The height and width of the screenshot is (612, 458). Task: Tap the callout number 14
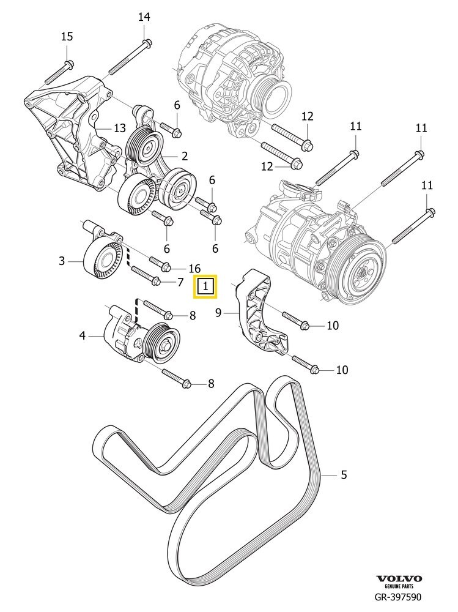(144, 17)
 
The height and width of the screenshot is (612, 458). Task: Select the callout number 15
(67, 37)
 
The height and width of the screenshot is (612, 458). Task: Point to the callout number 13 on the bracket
(119, 128)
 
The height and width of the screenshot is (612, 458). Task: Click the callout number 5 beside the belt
(344, 474)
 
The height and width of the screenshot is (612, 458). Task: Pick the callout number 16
(194, 268)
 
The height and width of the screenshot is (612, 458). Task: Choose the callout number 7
(180, 282)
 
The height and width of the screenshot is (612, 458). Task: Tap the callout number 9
(218, 313)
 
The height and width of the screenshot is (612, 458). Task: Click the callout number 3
(62, 261)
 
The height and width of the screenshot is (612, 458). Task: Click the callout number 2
(183, 157)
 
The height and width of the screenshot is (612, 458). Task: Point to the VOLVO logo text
(399, 578)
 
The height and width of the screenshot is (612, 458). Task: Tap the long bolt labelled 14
(129, 58)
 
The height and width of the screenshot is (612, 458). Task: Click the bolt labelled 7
(145, 276)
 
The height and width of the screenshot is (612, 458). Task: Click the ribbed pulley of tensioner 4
(162, 344)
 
